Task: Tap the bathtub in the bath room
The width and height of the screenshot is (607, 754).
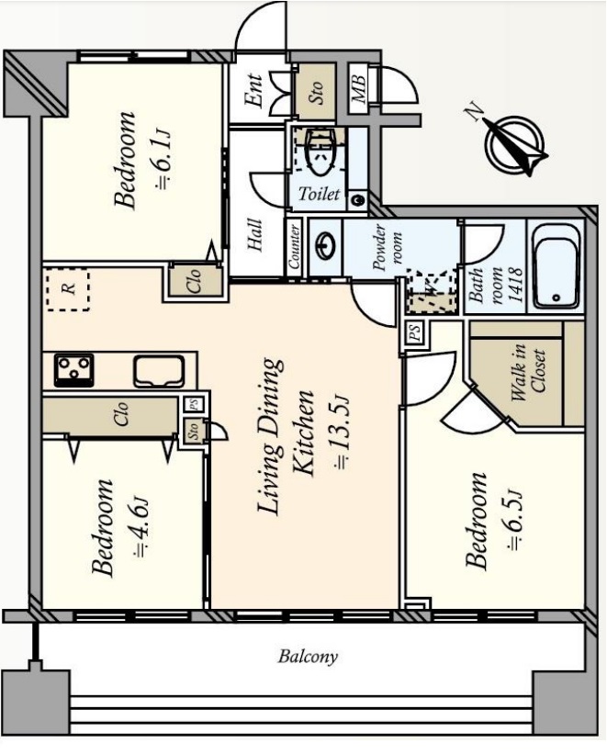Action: pyautogui.click(x=556, y=266)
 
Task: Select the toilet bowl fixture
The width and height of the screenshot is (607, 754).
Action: pyautogui.click(x=319, y=153)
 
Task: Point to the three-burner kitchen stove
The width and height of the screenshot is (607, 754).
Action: pyautogui.click(x=74, y=370)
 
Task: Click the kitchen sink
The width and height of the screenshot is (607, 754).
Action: pyautogui.click(x=159, y=371)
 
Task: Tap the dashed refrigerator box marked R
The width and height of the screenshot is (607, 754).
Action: pyautogui.click(x=68, y=290)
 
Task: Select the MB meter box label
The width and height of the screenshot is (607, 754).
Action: pyautogui.click(x=359, y=88)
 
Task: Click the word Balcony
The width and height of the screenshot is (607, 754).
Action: pyautogui.click(x=308, y=657)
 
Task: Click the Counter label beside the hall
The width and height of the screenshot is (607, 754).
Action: pyautogui.click(x=295, y=247)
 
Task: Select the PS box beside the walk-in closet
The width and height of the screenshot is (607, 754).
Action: pyautogui.click(x=415, y=332)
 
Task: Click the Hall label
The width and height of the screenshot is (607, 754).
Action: pyautogui.click(x=255, y=235)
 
